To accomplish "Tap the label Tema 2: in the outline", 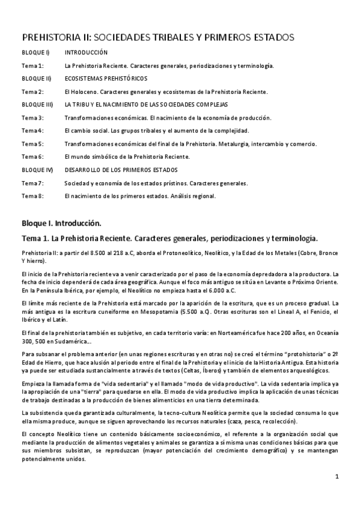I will (x=32, y=91).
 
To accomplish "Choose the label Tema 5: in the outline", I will (x=32, y=144).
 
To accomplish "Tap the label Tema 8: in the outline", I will (x=32, y=196).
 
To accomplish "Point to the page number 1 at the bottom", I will (x=337, y=477).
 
